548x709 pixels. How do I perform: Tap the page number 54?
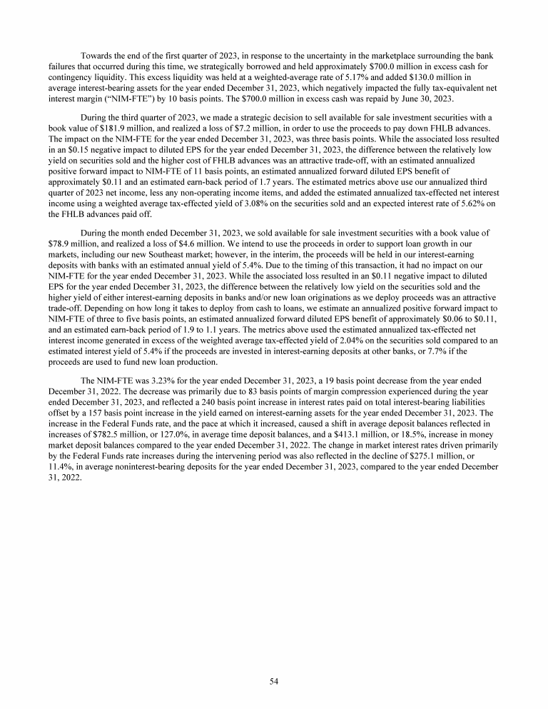pos(274,681)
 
